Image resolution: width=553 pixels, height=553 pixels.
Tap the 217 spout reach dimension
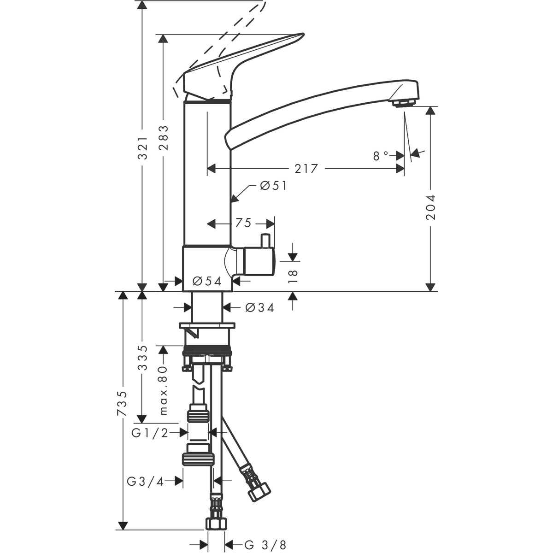tap(306, 169)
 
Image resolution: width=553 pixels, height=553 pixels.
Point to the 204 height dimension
tap(431, 206)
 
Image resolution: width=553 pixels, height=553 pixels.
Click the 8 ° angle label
tap(381, 156)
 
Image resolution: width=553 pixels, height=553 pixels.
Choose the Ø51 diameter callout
tap(273, 185)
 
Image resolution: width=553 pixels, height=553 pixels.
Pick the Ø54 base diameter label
tap(207, 281)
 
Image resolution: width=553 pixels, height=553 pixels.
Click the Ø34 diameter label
tap(260, 307)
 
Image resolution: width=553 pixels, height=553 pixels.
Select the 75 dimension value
tap(243, 224)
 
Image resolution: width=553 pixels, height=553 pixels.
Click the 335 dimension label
tap(143, 358)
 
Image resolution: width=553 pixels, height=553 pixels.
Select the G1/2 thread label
tap(150, 432)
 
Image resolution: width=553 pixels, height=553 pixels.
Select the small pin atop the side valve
tap(265, 240)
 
